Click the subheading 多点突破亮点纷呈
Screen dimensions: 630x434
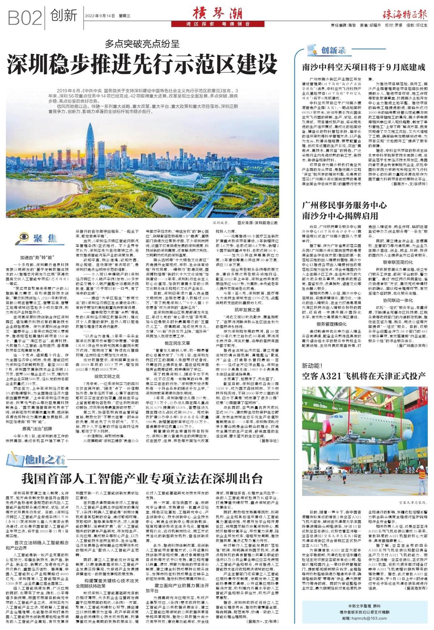pos(142,44)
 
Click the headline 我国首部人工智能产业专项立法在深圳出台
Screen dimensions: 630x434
pos(142,478)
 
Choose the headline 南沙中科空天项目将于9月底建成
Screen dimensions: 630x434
pos(363,67)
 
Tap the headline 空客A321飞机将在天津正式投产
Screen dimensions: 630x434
pos(363,376)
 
